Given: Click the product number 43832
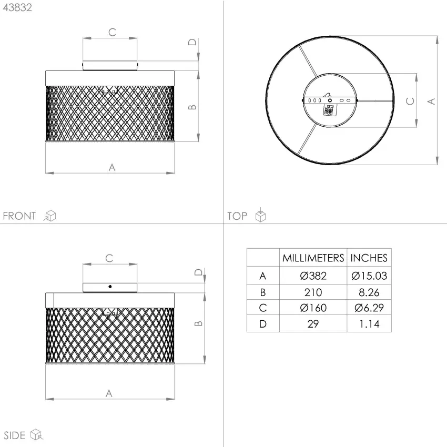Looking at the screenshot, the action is click(x=17, y=7).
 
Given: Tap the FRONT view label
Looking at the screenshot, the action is click(x=19, y=216).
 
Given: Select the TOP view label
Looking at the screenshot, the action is click(x=237, y=216).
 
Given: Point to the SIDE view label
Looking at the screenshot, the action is click(x=15, y=435).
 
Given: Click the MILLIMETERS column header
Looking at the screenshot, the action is click(x=313, y=258).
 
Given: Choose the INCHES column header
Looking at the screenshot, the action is click(x=369, y=258).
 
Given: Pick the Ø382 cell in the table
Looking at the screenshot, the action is click(x=313, y=276).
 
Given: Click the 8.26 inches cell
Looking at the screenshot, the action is click(x=369, y=292).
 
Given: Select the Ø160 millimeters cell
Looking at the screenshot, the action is click(x=313, y=308).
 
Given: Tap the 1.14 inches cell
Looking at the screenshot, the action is click(x=369, y=324).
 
